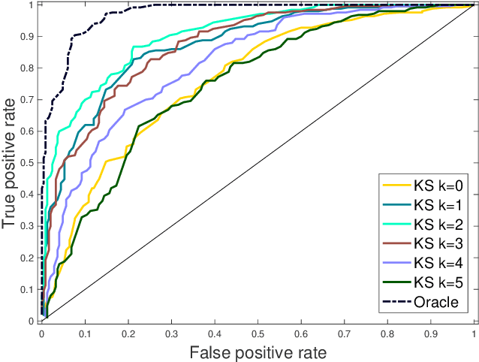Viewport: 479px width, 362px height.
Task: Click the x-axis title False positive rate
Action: tap(258, 351)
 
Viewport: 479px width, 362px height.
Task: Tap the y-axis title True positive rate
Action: tap(11, 162)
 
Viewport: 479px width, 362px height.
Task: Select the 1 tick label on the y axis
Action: tap(33, 5)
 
